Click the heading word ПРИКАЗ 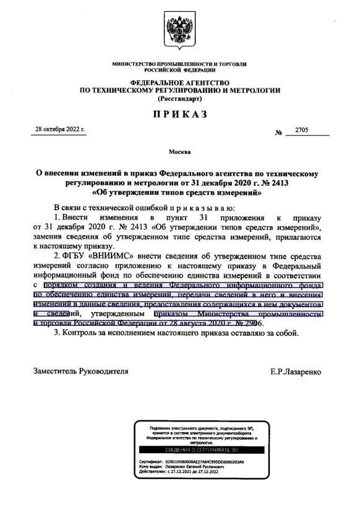click(179, 114)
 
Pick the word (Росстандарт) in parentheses click(179, 99)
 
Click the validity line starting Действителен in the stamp click(183, 473)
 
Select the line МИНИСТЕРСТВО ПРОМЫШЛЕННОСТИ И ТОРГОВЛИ click(179, 64)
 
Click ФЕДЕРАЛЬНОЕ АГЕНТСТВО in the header click(179, 83)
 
